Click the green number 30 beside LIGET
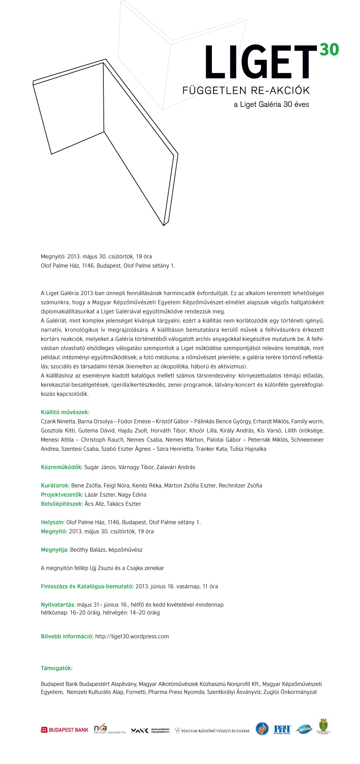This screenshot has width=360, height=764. point(329,49)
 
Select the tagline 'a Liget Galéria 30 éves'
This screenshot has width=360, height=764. point(271,104)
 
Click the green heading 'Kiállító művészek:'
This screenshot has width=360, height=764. point(65,412)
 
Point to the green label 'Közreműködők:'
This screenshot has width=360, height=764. point(62,467)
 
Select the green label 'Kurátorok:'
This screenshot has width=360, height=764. point(55,486)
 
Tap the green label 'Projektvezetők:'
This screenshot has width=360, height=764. point(62,495)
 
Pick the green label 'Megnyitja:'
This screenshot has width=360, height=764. point(55,550)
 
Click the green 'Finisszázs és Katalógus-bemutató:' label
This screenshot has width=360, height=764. point(87,586)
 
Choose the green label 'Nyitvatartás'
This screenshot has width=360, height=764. point(58,605)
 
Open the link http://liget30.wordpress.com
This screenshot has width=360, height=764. point(132,636)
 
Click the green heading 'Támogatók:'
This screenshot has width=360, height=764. point(56,668)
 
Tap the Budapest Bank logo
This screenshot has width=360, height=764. point(65,730)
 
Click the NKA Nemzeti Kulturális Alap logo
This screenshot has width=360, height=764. point(110,730)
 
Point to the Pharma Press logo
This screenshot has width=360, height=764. point(282,730)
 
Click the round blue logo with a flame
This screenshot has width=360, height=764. point(262,729)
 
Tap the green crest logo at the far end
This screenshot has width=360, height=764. point(323,726)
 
